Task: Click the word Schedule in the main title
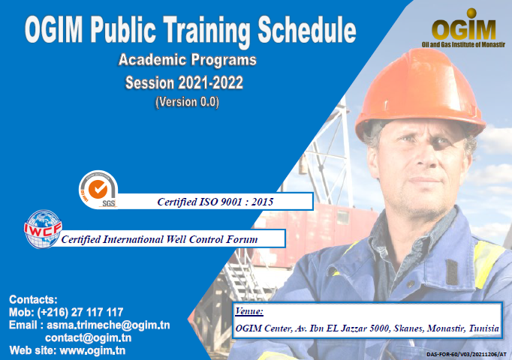click(307, 30)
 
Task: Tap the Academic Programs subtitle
click(188, 60)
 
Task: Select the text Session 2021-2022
click(184, 82)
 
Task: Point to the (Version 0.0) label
click(187, 102)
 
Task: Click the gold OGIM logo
click(464, 25)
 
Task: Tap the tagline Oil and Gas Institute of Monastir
click(463, 44)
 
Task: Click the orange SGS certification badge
click(98, 189)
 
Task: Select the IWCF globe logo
click(43, 229)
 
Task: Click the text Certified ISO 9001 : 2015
click(215, 202)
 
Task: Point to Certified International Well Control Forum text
click(159, 239)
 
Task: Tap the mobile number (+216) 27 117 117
click(80, 312)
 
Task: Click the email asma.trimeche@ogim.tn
click(108, 325)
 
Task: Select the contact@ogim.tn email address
click(88, 337)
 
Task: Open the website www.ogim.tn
click(92, 350)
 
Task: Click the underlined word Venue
click(248, 311)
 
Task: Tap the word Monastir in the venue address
click(446, 328)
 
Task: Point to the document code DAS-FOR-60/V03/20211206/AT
click(466, 354)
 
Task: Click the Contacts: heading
click(33, 299)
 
